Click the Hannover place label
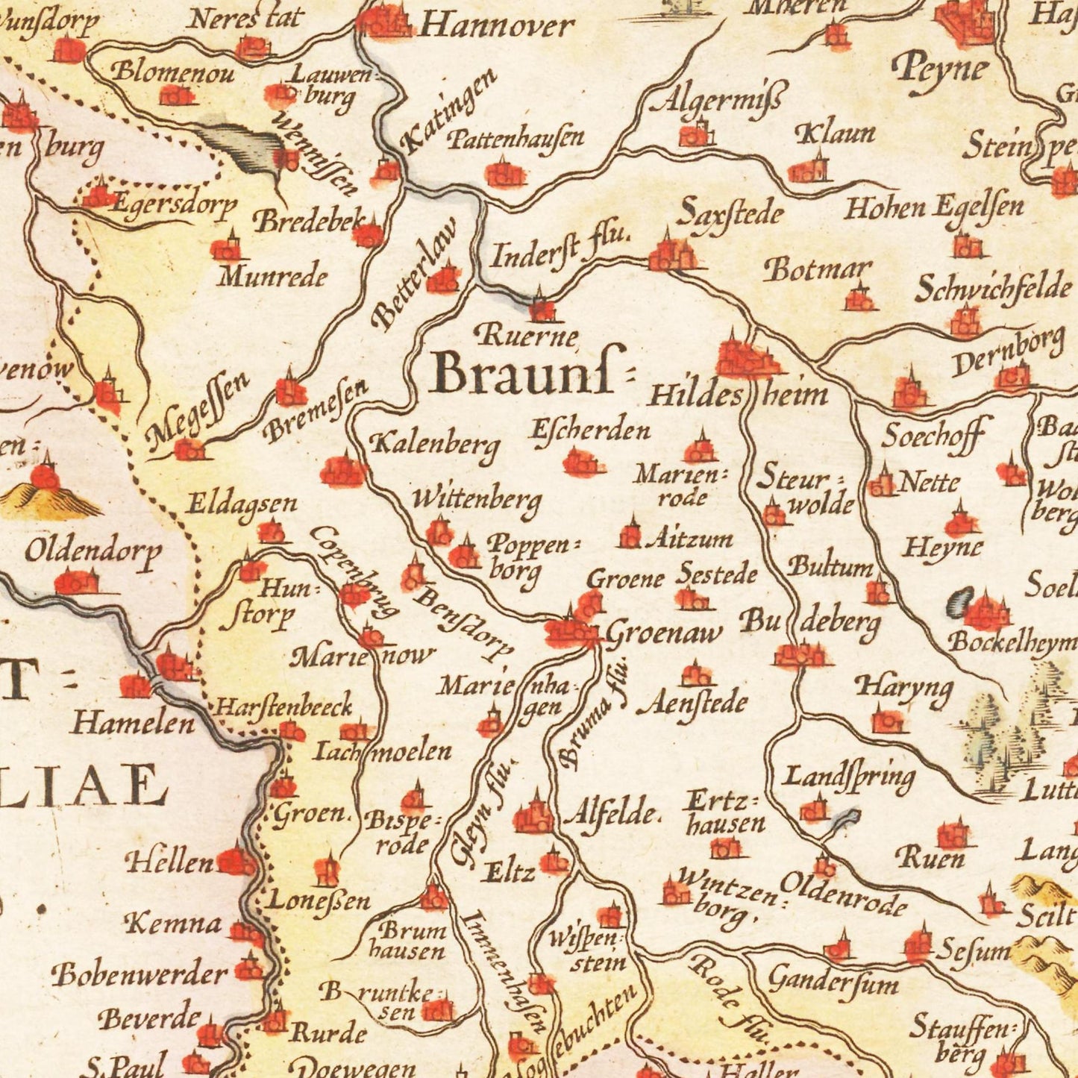click(x=496, y=27)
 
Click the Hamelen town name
click(x=134, y=722)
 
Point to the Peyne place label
click(x=941, y=71)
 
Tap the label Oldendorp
click(x=93, y=552)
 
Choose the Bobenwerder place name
click(x=140, y=974)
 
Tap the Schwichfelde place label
click(x=993, y=288)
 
